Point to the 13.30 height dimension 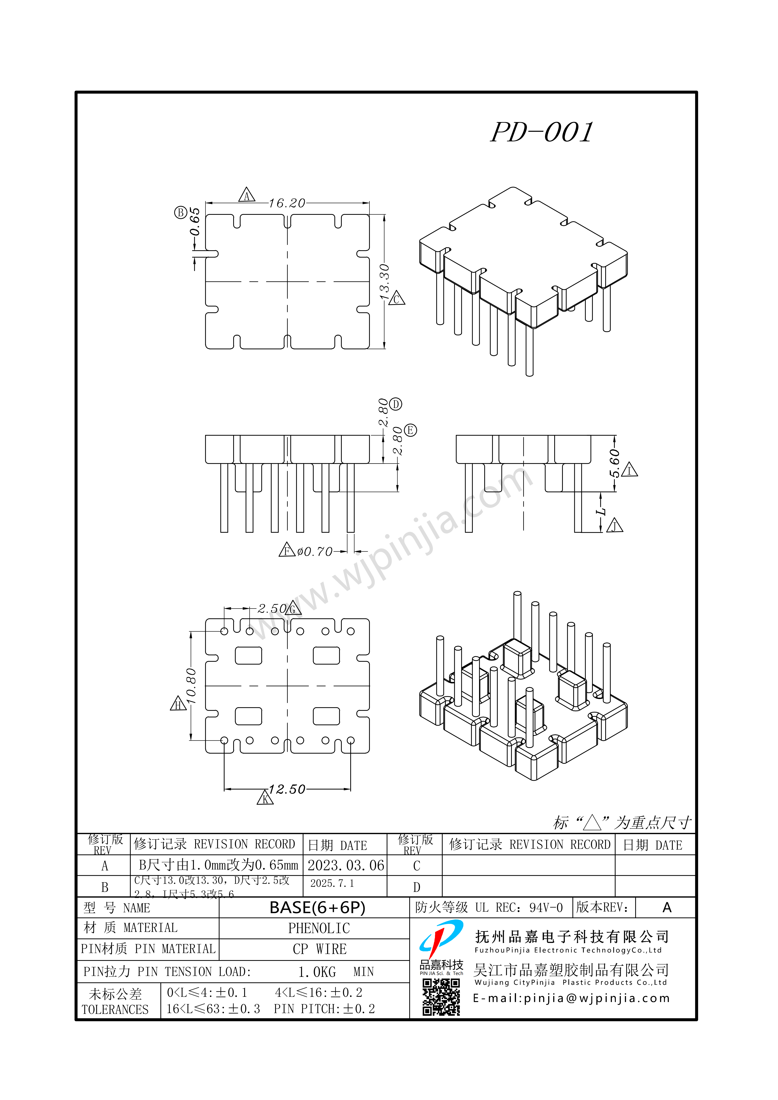384,282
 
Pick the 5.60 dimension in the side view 614,464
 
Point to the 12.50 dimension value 287,789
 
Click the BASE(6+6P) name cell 317,907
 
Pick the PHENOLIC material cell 319,928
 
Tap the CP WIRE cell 319,949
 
